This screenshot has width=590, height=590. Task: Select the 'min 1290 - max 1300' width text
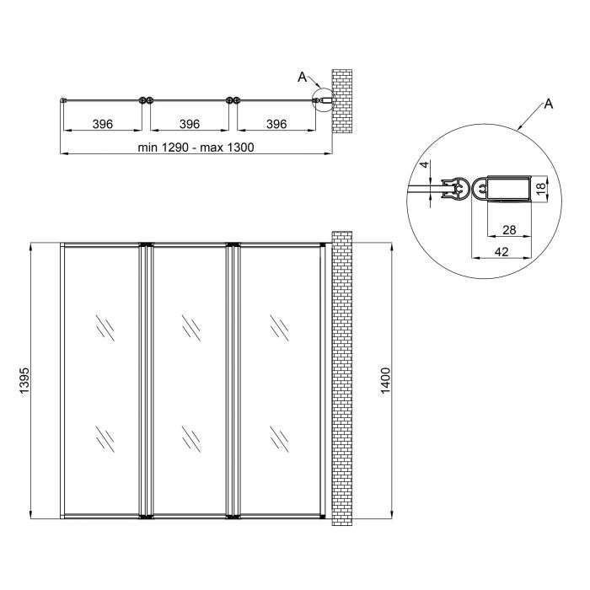tap(195, 147)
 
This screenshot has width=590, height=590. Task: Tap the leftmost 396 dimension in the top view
tap(102, 124)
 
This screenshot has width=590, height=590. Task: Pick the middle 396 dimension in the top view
tap(190, 124)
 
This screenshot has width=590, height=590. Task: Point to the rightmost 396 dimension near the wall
tap(276, 124)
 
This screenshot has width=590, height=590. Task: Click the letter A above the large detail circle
tap(549, 104)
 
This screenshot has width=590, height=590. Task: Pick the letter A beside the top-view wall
tap(302, 78)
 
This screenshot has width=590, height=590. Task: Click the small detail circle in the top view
tap(321, 101)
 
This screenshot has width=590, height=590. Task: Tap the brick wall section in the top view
tap(343, 100)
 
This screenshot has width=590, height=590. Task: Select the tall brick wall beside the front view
tap(341, 379)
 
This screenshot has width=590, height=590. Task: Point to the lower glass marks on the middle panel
tap(190, 438)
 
